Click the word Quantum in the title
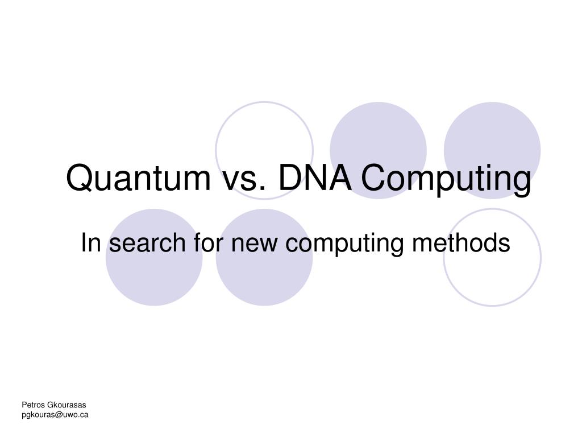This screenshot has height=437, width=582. pos(139,178)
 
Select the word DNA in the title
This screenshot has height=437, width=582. pos(315,178)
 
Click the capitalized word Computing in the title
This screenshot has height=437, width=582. pos(446,180)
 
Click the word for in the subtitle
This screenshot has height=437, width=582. pos(208,242)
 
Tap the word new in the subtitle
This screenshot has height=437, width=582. pos(254,245)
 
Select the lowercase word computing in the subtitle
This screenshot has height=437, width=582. pos(344,245)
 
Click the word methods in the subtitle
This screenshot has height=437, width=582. pos(461,242)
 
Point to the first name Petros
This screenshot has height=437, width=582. pos(34,405)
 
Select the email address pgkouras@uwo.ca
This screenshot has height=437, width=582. pos(55,415)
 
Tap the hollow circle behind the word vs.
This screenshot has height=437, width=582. pos(216,150)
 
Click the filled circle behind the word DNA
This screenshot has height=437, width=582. pos(378,150)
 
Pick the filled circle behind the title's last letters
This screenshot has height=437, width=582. pos(492,150)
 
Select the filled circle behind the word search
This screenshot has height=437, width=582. pos(154,257)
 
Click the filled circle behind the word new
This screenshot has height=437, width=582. pos(264,257)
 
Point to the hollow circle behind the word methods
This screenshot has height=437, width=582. pos(444,257)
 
